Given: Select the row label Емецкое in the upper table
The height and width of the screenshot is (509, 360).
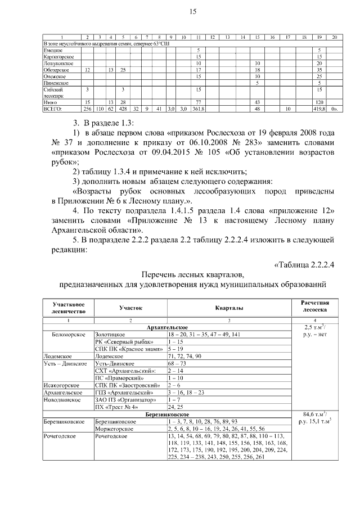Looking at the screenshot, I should (53, 51).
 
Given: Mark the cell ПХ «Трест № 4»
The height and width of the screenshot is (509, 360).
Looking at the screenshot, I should (117, 406).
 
